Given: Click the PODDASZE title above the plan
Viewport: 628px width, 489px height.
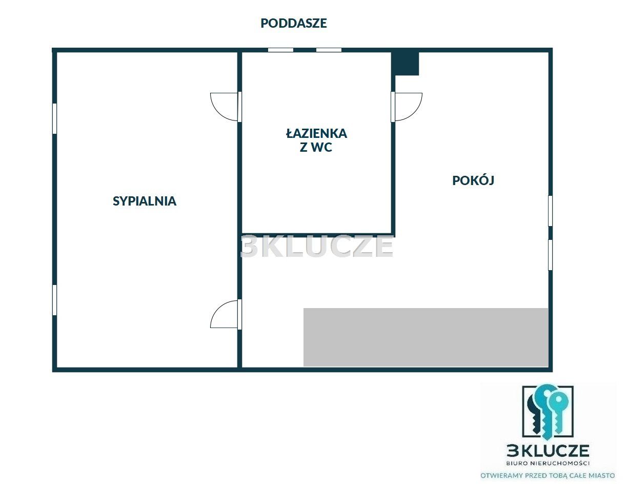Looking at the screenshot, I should (293, 23).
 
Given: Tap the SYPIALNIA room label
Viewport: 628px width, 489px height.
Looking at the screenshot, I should (145, 201).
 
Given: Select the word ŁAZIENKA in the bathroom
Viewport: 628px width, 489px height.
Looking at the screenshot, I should (316, 133).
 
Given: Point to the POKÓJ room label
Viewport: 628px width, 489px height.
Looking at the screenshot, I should (473, 180).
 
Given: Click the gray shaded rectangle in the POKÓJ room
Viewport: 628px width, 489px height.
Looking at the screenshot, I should (426, 337).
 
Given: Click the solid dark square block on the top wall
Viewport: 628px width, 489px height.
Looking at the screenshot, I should (406, 64).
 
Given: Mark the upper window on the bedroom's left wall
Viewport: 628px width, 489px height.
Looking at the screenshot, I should (55, 118).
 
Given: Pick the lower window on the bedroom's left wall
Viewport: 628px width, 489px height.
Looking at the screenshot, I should (55, 300).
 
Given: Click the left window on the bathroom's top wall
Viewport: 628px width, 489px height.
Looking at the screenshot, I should (280, 50).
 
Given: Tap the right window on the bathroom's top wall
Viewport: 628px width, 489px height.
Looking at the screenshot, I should (329, 50).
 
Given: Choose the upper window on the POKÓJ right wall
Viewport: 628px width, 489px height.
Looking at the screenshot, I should (550, 211).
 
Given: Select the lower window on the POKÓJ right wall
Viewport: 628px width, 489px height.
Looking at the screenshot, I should (550, 255).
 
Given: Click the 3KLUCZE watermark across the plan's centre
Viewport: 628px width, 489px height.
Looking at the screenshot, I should (317, 246).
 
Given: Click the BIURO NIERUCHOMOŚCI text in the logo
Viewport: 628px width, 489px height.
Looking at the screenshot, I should (548, 463).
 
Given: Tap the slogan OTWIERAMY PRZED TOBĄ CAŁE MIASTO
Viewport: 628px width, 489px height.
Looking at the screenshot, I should (547, 476).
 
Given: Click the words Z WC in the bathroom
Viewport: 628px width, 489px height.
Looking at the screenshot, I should (316, 148).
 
